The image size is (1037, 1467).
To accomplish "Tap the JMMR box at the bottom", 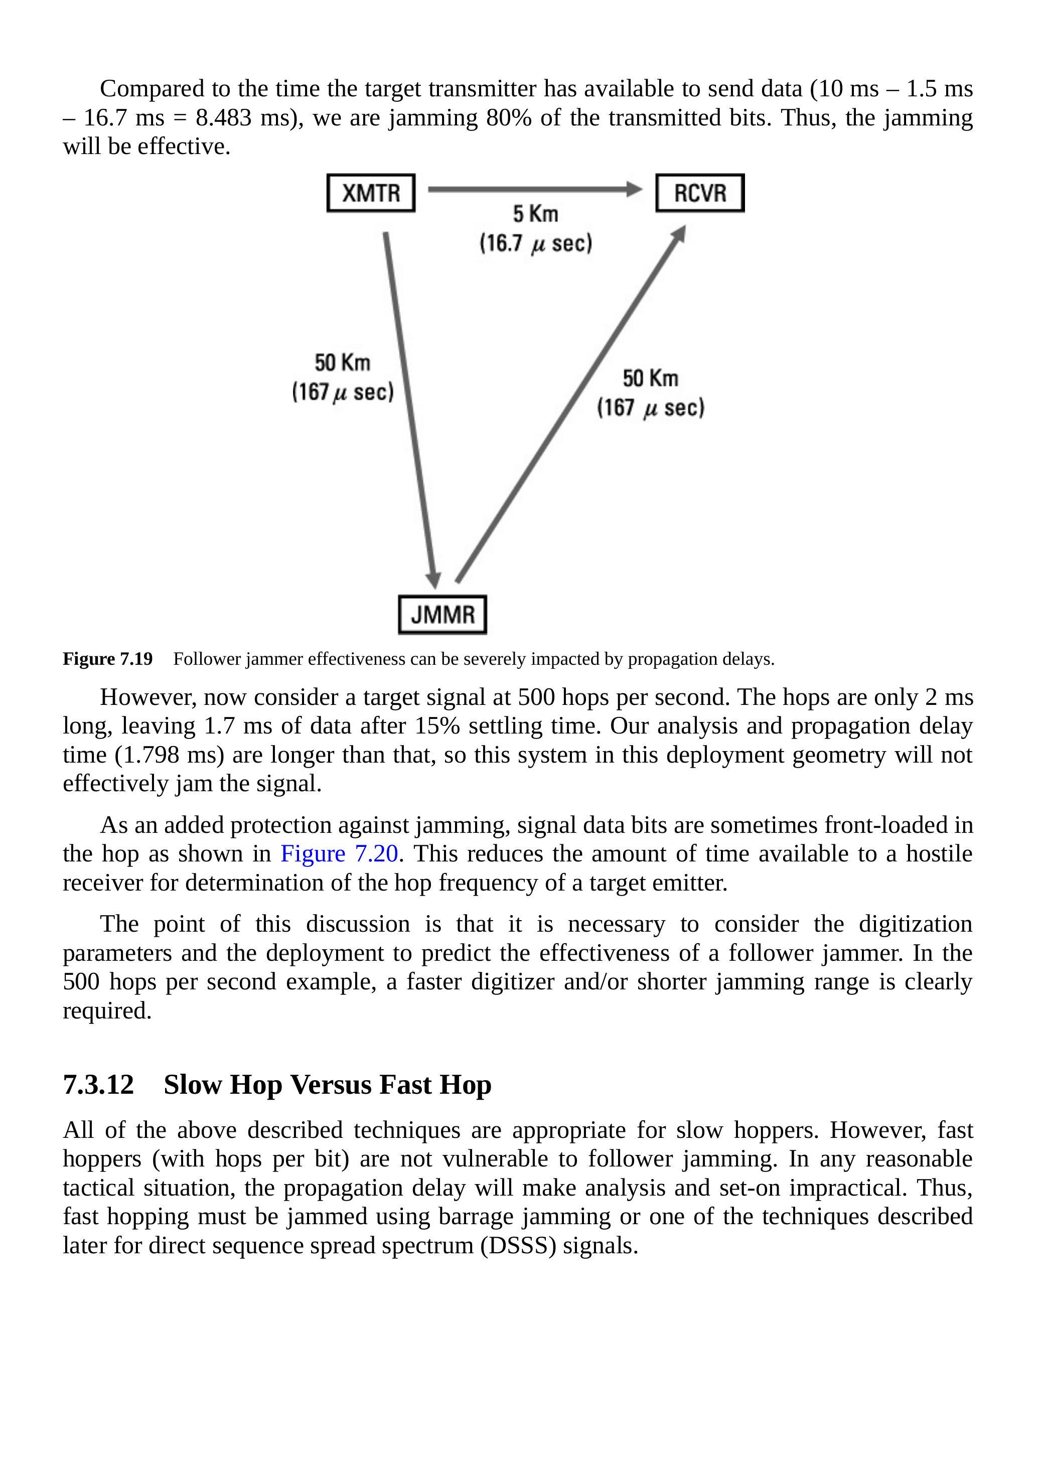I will pyautogui.click(x=442, y=615).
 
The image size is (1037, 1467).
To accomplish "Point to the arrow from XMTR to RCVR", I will pyautogui.click(x=535, y=189).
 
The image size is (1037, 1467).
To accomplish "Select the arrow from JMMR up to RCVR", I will pyautogui.click(x=570, y=404).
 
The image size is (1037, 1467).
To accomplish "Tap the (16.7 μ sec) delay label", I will pyautogui.click(x=535, y=243).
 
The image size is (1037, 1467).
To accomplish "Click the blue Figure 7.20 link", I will pyautogui.click(x=339, y=853).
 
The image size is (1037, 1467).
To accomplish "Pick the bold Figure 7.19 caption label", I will pyautogui.click(x=107, y=659).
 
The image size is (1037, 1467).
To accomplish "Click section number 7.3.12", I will pyautogui.click(x=98, y=1085).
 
